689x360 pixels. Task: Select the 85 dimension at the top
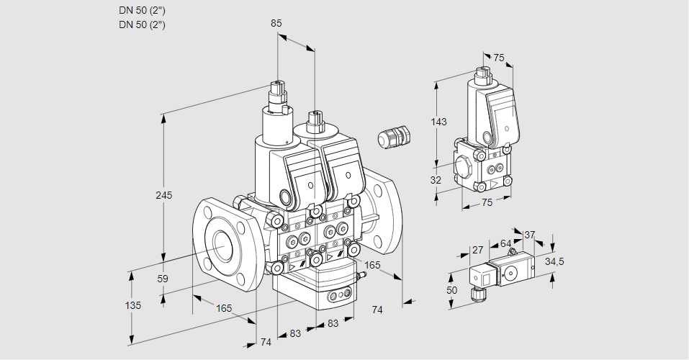276,23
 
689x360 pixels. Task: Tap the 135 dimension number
133,305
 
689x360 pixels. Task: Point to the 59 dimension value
163,279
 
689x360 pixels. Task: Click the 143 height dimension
439,122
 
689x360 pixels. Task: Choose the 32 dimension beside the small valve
436,180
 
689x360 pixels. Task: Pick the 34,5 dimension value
555,261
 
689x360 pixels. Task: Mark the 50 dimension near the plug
452,289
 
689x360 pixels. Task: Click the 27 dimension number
477,251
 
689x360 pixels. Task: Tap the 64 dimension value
505,243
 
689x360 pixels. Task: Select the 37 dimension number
530,235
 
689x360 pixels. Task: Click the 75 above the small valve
498,58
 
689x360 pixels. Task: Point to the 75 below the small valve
487,203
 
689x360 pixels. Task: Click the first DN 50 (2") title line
142,10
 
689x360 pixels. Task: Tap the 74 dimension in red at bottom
266,342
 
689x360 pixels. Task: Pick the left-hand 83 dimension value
295,333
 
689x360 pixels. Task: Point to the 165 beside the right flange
372,266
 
